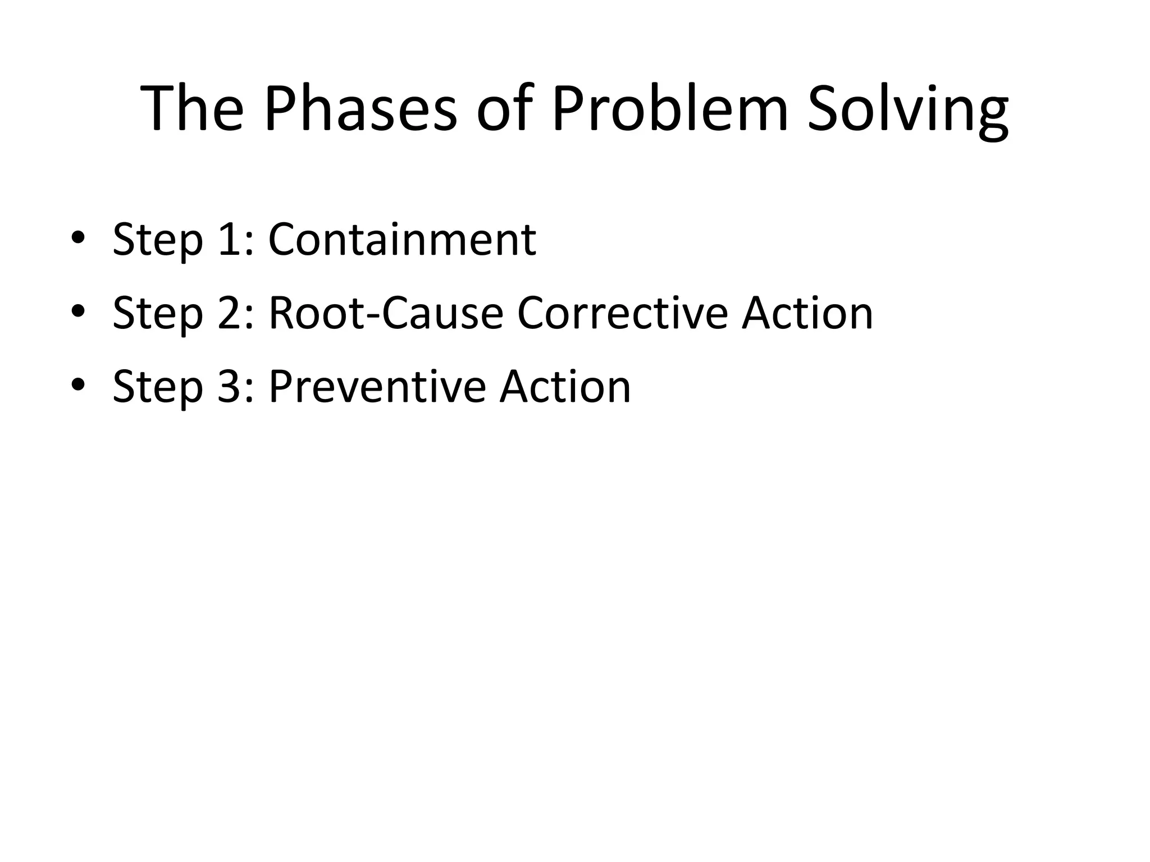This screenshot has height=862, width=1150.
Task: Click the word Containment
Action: (x=402, y=239)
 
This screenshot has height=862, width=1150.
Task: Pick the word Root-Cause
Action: (x=386, y=313)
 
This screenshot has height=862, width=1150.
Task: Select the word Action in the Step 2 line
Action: (x=807, y=313)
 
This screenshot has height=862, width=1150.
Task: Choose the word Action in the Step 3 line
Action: (x=565, y=387)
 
